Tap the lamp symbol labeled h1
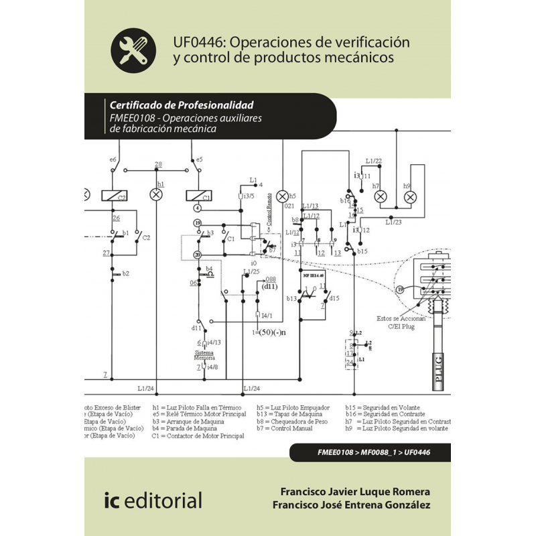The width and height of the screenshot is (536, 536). pos(156,194)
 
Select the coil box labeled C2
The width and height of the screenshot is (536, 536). pos(114,196)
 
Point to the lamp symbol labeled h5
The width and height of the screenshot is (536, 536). pos(282,196)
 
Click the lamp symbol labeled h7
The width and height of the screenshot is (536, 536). pos(380,196)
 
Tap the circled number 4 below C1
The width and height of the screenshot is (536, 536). pos(198,209)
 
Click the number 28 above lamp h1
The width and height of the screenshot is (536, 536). pos(157,164)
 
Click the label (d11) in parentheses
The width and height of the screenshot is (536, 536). pos(269,287)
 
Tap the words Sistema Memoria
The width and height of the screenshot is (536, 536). pos(204,355)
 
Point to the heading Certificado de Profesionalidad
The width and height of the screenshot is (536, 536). pos(181,105)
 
